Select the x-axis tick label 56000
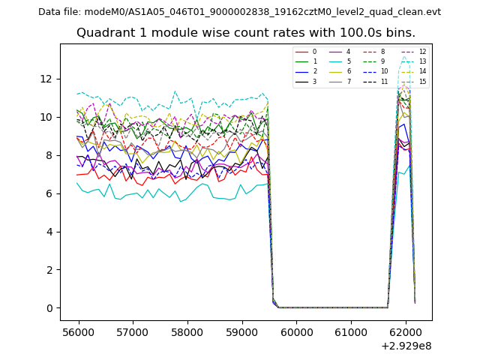click(x=78, y=331)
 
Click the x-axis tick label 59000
click(x=241, y=331)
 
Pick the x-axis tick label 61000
click(x=351, y=331)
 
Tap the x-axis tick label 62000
click(x=406, y=331)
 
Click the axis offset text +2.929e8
click(x=406, y=346)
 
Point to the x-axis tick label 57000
click(x=133, y=331)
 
